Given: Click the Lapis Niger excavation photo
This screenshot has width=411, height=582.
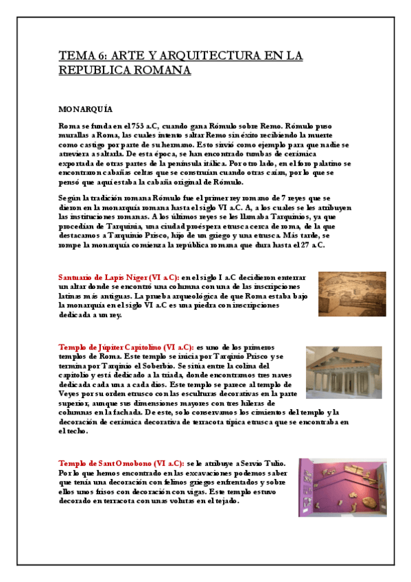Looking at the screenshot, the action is click(x=351, y=294).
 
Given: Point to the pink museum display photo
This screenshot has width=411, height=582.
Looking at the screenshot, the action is click(x=342, y=489).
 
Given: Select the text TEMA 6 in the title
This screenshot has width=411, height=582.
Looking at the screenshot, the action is click(x=81, y=56).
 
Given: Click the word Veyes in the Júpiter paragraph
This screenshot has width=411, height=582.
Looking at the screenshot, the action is click(x=71, y=395).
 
